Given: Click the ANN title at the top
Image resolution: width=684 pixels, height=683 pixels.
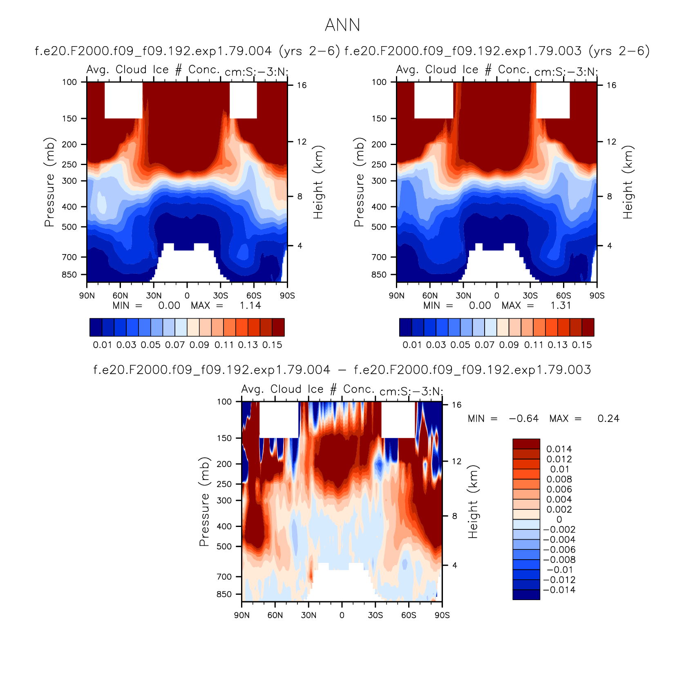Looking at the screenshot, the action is click(x=342, y=25).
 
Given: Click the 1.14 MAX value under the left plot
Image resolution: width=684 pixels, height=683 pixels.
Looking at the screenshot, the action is click(x=250, y=306).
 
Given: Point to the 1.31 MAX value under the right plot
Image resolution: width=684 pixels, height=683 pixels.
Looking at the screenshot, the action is click(x=561, y=306).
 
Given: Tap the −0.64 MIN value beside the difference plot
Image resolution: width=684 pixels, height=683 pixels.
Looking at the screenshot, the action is click(x=523, y=419).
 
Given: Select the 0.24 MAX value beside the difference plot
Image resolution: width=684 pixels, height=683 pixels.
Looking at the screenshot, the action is click(x=608, y=419).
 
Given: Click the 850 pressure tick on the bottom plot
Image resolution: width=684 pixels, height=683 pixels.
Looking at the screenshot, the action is click(x=224, y=594).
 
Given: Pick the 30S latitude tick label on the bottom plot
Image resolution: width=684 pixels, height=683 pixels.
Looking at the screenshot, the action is click(x=375, y=615).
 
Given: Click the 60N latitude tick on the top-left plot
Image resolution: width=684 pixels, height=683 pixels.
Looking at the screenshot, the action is click(x=120, y=296).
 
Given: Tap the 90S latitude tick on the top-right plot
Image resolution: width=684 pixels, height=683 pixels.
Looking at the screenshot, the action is click(x=597, y=296).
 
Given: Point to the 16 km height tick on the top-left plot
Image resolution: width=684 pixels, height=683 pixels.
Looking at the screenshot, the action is click(x=302, y=85).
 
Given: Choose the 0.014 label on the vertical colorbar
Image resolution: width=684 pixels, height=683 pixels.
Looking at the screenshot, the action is click(x=559, y=449).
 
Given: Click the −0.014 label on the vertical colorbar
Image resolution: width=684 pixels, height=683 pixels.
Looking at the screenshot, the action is click(x=559, y=590).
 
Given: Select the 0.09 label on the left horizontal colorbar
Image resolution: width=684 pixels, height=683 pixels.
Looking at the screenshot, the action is click(x=199, y=345).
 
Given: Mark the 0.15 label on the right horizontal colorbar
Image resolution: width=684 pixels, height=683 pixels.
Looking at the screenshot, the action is click(x=582, y=345).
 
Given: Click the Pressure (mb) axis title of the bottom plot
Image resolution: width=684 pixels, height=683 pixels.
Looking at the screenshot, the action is click(x=204, y=501).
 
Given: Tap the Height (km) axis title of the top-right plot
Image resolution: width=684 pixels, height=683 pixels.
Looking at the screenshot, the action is click(x=628, y=182).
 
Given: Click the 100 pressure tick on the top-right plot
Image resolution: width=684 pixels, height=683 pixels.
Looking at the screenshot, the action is click(x=379, y=82).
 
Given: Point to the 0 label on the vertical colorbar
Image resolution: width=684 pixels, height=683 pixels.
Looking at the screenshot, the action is click(x=559, y=520).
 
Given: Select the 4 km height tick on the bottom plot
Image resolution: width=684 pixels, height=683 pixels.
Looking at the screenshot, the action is click(x=454, y=566).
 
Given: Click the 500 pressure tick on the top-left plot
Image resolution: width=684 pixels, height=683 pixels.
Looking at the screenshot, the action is click(x=69, y=227).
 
